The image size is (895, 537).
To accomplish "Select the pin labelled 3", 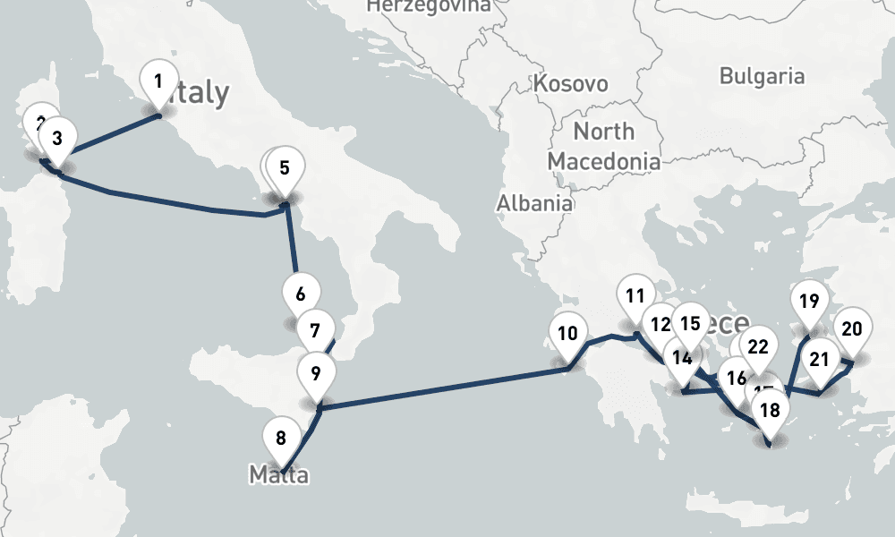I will [57, 139].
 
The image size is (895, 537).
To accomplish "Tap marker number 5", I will [285, 167].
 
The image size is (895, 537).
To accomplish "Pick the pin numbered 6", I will [300, 294].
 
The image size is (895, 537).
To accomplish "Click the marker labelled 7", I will [314, 330].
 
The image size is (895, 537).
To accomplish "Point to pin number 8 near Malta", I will [281, 439].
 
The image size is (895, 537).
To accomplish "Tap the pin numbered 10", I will [567, 335].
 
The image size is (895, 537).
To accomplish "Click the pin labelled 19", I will [809, 302].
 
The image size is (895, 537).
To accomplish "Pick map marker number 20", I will [852, 328].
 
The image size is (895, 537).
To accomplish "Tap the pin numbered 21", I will [819, 361].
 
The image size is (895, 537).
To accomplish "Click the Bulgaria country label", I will [762, 76].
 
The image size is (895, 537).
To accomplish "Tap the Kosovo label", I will [570, 84].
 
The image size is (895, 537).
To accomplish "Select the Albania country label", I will [534, 203].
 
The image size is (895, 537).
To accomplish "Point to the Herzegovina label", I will [429, 6].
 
